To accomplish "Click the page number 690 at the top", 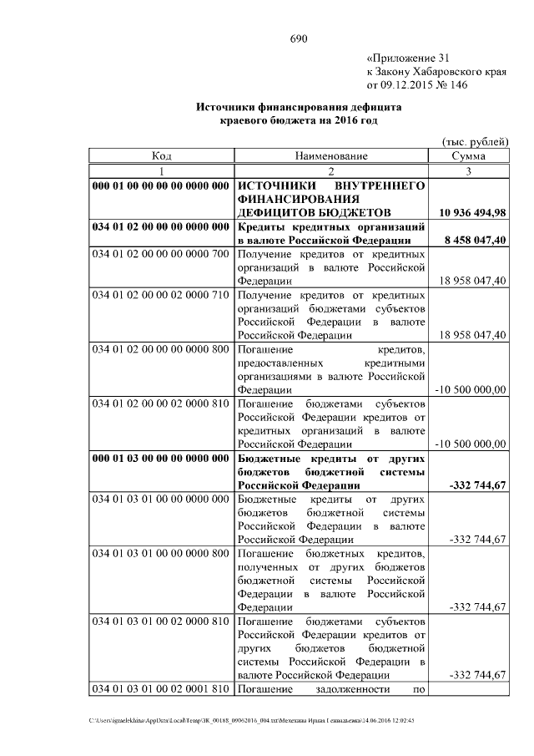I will click(300, 39).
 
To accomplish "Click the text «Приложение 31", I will click(408, 58).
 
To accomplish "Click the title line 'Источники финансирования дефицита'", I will click(299, 108).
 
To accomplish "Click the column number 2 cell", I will click(330, 170).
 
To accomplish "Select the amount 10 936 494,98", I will click(468, 213).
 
